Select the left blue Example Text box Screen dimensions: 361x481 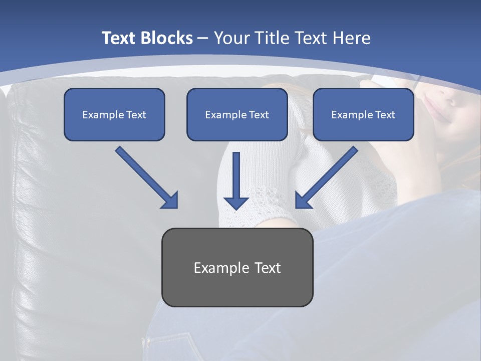[x=114, y=114]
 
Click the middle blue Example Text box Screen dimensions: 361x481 [x=237, y=114]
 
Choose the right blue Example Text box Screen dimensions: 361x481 [x=363, y=114]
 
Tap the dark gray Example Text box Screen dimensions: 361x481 [x=237, y=267]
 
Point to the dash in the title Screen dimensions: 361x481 [x=203, y=38]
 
